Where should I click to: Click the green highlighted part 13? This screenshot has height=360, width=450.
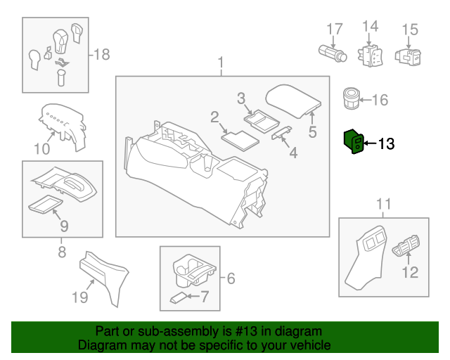(x=354, y=141)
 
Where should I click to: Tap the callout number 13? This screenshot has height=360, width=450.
(x=386, y=143)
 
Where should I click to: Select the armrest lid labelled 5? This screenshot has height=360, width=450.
(x=293, y=101)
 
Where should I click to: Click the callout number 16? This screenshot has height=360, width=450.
(x=380, y=100)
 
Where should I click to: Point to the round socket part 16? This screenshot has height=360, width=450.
(x=352, y=98)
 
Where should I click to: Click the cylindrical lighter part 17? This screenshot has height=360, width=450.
(x=333, y=53)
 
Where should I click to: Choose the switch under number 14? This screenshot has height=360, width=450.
(x=370, y=56)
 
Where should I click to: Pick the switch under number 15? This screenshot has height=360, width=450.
(x=408, y=56)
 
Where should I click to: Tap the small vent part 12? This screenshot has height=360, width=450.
(x=406, y=245)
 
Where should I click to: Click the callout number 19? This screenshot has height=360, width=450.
(x=79, y=297)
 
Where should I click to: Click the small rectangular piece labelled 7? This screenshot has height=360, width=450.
(x=179, y=297)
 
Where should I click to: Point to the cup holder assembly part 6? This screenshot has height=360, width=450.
(x=194, y=271)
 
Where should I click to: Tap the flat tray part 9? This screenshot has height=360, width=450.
(x=45, y=204)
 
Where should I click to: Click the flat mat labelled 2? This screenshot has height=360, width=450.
(x=240, y=141)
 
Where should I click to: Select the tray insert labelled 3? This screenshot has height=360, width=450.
(x=262, y=121)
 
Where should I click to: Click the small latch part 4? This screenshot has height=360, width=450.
(x=281, y=133)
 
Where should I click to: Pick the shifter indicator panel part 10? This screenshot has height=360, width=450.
(x=63, y=126)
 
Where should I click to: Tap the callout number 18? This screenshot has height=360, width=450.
(x=102, y=54)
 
